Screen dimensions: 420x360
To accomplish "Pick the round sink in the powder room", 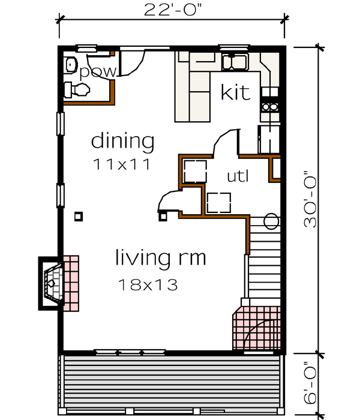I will [x=71, y=63].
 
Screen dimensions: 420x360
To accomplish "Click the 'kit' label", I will [x=235, y=93].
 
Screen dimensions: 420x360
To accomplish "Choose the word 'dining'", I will [x=122, y=142].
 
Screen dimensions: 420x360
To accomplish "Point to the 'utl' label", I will [x=238, y=176].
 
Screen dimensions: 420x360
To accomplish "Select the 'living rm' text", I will [x=160, y=259].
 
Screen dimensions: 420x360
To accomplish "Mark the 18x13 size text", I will [x=148, y=284].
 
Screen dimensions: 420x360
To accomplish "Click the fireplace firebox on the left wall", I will [x=53, y=282].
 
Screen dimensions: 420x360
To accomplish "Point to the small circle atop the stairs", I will [x=271, y=221].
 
